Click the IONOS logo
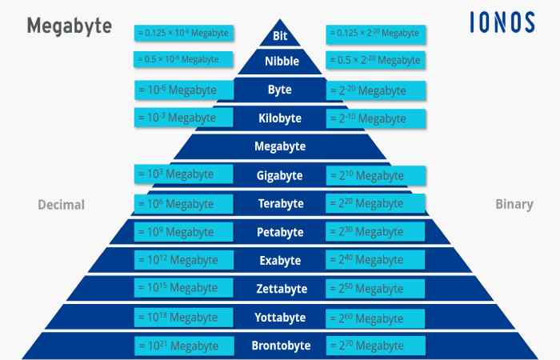[x=502, y=22]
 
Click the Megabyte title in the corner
[x=70, y=26]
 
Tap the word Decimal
[x=62, y=205]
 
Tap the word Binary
[x=514, y=204]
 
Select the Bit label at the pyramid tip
[x=280, y=36]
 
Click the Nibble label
[x=282, y=61]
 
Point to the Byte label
[x=280, y=90]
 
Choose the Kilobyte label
[x=280, y=118]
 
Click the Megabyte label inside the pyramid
[x=280, y=146]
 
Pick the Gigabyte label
[x=280, y=175]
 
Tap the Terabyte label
[x=281, y=203]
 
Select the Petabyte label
[x=280, y=232]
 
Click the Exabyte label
[x=280, y=260]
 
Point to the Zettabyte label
[x=282, y=289]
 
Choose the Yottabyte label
[x=280, y=317]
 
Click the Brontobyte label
[x=281, y=346]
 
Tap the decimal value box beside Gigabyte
[x=183, y=174]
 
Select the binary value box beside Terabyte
[x=375, y=203]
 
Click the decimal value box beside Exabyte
[x=183, y=260]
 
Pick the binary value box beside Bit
[x=376, y=34]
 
